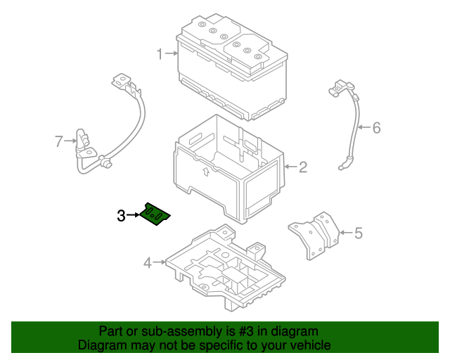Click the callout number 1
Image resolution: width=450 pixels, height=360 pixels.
160,54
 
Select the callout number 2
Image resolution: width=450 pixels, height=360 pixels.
303,167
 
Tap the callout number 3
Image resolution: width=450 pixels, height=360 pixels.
121,216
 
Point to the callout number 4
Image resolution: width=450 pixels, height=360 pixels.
148,263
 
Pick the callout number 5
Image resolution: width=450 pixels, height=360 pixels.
358,233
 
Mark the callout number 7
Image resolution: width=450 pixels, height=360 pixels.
59,141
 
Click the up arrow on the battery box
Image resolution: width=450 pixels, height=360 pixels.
205,171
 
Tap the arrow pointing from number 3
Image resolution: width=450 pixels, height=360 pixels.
134,215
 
